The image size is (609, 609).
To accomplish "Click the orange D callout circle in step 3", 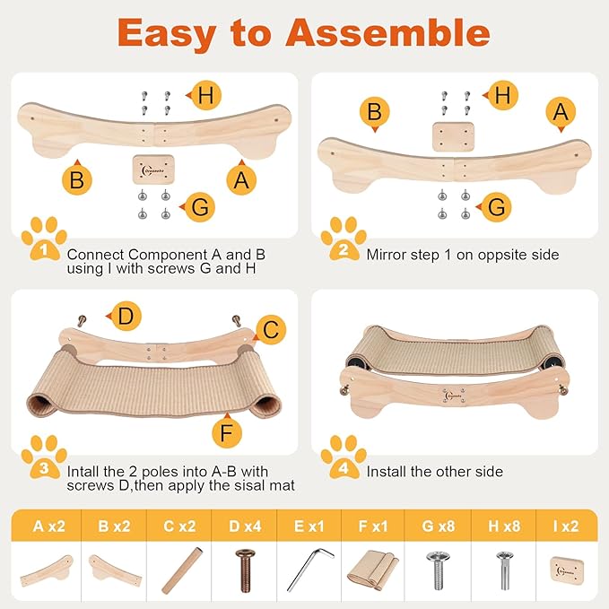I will tap(126, 316).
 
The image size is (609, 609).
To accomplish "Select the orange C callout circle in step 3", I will tap(270, 331).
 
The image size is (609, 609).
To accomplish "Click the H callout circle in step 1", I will tap(205, 96).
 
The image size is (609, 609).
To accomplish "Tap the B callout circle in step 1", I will tap(77, 180).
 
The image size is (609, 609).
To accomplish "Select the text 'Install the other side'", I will tap(434, 471).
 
